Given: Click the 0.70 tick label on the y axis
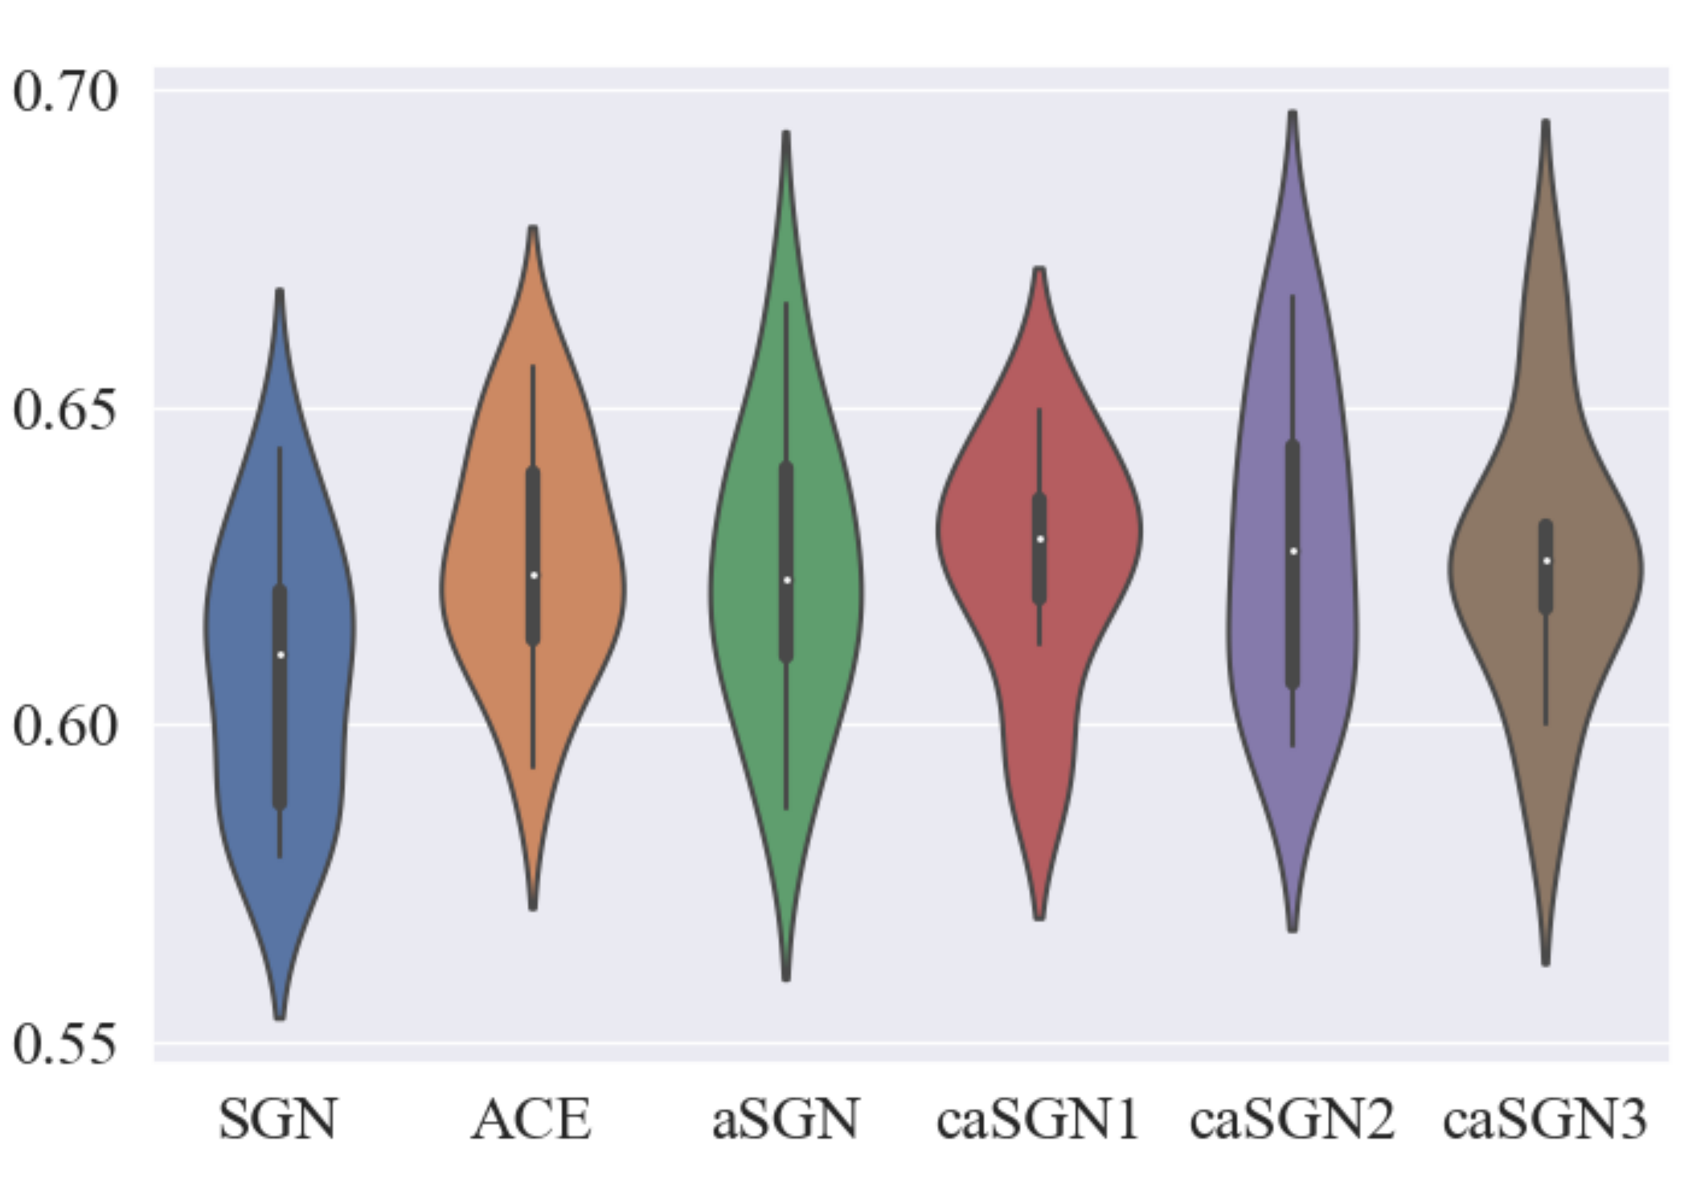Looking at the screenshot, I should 66,92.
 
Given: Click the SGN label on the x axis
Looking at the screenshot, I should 278,1118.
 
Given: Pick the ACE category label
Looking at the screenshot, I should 532,1118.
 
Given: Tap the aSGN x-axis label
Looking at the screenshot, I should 786,1118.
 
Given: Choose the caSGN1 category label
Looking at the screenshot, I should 1039,1118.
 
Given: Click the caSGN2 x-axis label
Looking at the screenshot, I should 1293,1118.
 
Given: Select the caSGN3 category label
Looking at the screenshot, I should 1545,1118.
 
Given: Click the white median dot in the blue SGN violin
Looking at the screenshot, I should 281,655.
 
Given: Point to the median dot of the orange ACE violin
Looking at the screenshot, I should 534,575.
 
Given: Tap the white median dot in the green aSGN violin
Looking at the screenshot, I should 787,580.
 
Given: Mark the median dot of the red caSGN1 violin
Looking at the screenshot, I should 1040,539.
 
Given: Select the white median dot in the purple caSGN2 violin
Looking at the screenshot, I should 1293,551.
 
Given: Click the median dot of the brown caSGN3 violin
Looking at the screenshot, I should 1547,560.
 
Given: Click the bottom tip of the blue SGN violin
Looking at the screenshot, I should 280,1017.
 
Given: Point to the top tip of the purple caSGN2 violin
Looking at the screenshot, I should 1293,113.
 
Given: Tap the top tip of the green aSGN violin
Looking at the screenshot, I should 786,133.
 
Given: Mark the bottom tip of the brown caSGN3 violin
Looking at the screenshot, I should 1546,962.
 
